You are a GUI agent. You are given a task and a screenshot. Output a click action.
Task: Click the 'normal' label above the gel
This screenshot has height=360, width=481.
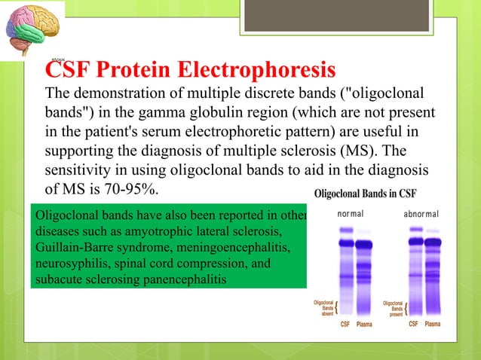coord(350,214)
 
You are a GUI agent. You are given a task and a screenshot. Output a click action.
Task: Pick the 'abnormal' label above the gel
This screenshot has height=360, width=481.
coord(421,214)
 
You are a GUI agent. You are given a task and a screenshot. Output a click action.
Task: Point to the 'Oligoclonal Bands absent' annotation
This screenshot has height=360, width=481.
coord(323,307)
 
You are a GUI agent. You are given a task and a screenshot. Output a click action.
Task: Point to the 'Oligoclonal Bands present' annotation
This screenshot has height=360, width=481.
coord(394,307)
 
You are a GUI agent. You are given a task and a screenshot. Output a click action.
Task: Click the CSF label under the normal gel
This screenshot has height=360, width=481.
coord(345,324)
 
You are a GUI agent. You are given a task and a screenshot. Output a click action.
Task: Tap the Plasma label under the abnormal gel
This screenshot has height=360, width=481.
coord(433,324)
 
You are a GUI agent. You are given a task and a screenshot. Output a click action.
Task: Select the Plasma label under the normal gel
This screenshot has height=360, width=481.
coord(365,324)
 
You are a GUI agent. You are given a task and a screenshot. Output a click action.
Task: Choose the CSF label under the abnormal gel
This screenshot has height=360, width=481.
coord(414,324)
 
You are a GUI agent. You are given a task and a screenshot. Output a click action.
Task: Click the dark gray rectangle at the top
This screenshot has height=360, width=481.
coord(336,16)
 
